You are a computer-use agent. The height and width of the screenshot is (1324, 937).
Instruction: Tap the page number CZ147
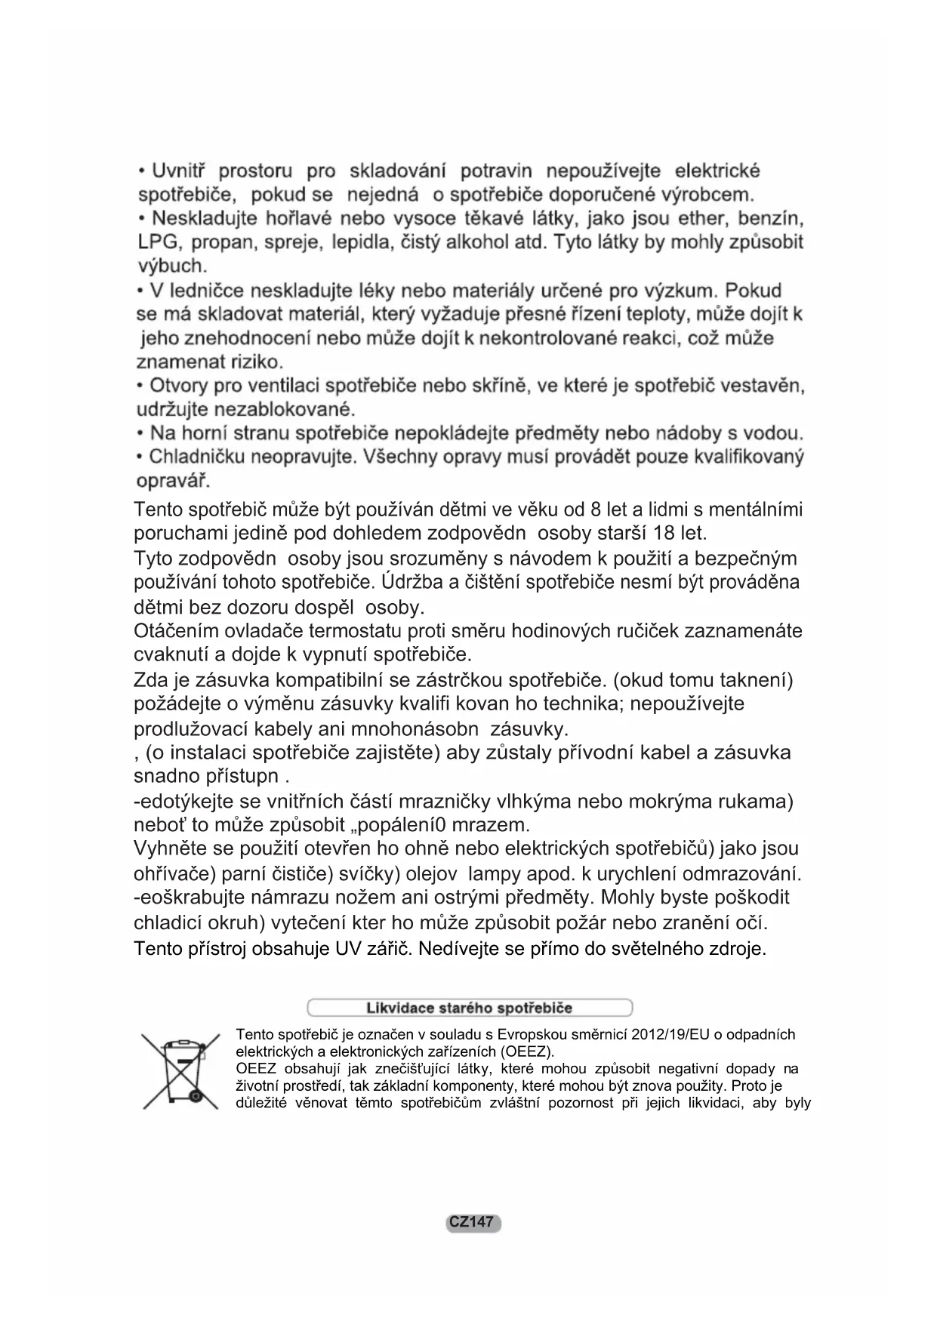tap(473, 1222)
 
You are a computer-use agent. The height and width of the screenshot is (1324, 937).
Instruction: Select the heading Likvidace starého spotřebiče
tap(469, 1008)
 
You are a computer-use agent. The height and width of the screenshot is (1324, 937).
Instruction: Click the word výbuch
tap(171, 266)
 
